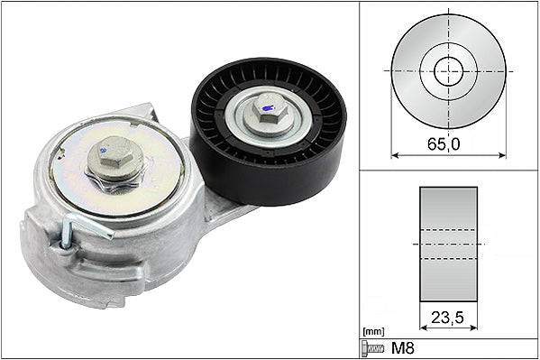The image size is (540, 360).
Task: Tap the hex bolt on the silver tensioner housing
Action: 115,161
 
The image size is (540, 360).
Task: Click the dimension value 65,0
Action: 447,142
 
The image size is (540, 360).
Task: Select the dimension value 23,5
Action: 448,318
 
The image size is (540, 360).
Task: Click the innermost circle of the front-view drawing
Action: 448,70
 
